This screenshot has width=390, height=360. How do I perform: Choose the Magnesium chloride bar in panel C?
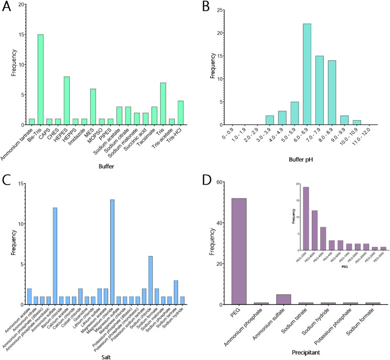tap(112, 252)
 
